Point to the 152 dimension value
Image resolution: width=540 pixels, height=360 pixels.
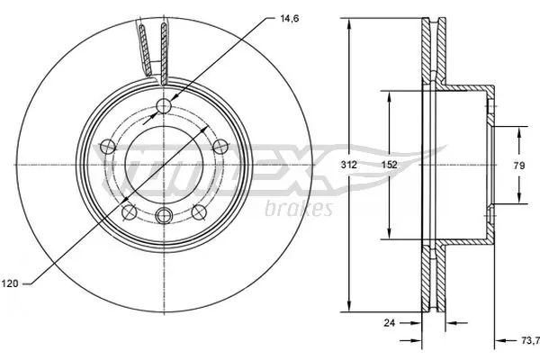point(388,165)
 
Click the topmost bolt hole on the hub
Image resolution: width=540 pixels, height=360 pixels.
point(163,108)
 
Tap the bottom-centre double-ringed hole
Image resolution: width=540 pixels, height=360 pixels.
point(163,214)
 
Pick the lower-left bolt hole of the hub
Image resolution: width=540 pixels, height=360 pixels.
point(129,211)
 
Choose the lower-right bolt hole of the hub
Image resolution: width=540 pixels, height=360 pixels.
point(197,211)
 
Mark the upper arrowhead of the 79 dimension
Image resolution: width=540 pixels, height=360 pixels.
point(519,130)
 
